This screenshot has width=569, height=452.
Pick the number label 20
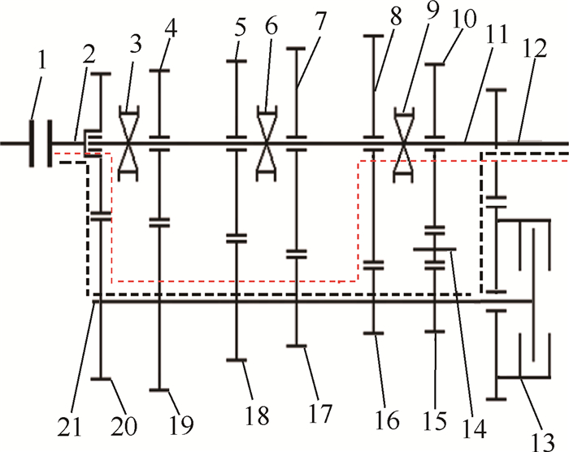coord(124,422)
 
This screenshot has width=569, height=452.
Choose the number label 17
coord(319,412)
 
